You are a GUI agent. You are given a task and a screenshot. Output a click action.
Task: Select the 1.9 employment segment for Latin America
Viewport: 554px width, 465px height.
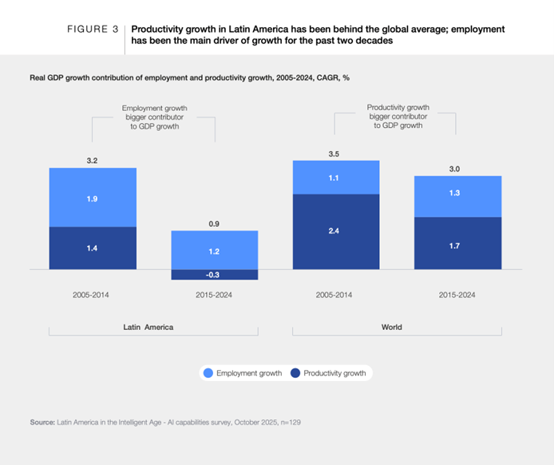click(93, 197)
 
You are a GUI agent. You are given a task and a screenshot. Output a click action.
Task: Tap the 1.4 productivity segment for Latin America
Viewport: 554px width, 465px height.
click(93, 248)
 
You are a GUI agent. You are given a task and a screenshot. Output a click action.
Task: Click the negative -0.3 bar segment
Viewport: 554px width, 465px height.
click(215, 275)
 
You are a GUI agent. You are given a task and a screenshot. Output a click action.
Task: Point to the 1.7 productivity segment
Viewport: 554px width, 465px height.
click(457, 244)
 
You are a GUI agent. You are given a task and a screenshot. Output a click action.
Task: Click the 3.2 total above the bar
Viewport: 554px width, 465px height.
click(93, 161)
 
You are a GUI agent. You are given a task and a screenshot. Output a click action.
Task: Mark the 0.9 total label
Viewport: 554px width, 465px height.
click(215, 224)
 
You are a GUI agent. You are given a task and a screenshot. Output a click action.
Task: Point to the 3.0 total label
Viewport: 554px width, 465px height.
click(457, 168)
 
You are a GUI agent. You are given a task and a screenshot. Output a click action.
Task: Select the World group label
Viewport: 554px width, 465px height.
click(392, 327)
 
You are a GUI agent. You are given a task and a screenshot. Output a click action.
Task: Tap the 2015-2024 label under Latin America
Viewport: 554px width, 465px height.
click(215, 295)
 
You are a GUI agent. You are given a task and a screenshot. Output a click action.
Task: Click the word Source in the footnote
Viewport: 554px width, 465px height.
click(42, 419)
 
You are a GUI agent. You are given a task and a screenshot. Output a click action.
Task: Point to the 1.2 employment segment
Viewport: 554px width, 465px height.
click(215, 251)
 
